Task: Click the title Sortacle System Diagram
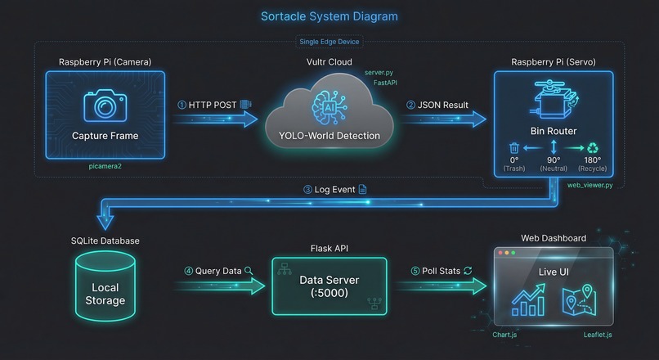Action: click(x=329, y=16)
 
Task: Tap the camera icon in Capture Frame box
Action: click(x=105, y=105)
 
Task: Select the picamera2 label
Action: click(x=105, y=165)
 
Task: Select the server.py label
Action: click(x=379, y=73)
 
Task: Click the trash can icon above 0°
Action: click(x=513, y=148)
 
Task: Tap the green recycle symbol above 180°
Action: click(x=592, y=148)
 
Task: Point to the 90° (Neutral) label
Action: click(x=553, y=163)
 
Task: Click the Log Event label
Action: click(x=329, y=189)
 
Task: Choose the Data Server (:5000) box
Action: click(x=329, y=286)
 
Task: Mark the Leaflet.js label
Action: click(x=598, y=335)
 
